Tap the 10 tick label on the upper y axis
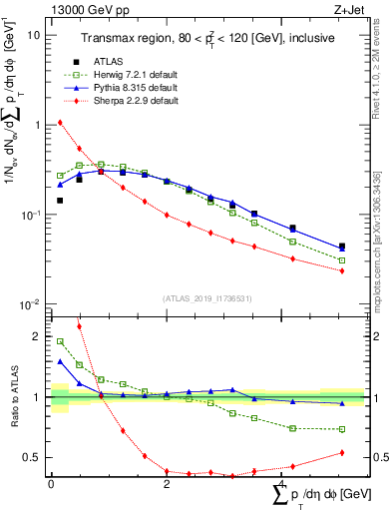pyautogui.click(x=33, y=35)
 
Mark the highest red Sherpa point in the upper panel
pyautogui.click(x=60, y=123)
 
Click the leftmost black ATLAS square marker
pyautogui.click(x=60, y=201)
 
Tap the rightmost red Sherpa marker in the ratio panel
pyautogui.click(x=342, y=453)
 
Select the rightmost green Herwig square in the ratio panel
pyautogui.click(x=342, y=429)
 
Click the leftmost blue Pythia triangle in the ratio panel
pyautogui.click(x=60, y=361)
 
